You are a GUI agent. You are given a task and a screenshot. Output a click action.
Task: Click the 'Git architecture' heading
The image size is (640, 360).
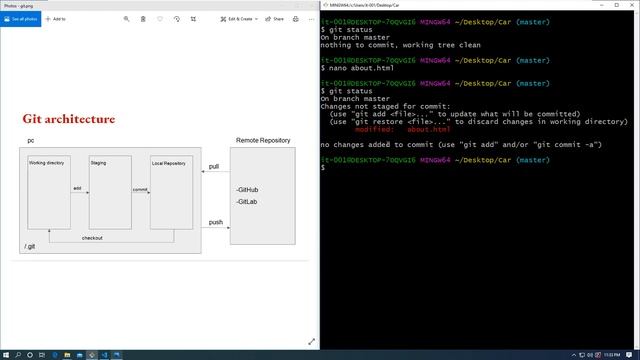coord(69,120)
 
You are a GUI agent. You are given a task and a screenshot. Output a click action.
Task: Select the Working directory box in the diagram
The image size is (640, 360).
coord(48,190)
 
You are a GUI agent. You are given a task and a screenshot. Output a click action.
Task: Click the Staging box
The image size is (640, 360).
coord(110,190)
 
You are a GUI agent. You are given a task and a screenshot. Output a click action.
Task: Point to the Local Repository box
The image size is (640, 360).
coord(171,190)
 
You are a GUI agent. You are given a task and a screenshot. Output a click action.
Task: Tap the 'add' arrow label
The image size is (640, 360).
coord(77,187)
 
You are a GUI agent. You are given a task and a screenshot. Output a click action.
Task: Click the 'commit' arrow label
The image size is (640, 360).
coord(140,189)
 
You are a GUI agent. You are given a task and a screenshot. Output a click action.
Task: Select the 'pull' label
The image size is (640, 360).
coord(214,166)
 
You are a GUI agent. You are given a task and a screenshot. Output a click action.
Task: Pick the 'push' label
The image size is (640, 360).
coord(215,222)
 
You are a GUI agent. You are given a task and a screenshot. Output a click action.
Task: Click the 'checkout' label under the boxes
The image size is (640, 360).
coord(92,238)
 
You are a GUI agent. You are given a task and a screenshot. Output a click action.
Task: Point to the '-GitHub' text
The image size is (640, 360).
coord(248,189)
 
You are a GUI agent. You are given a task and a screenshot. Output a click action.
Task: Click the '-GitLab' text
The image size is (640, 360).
coord(247,202)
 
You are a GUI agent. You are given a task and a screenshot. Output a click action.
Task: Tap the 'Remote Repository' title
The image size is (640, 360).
coord(263,140)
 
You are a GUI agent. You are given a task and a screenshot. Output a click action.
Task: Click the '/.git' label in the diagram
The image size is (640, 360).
coord(31,246)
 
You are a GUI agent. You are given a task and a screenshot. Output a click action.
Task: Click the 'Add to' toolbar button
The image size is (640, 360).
coord(56,19)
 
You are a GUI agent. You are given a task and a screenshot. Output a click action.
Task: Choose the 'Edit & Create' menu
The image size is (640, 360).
coord(240,19)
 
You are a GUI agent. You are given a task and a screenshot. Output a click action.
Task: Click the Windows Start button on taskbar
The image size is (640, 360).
coord(6,354)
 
